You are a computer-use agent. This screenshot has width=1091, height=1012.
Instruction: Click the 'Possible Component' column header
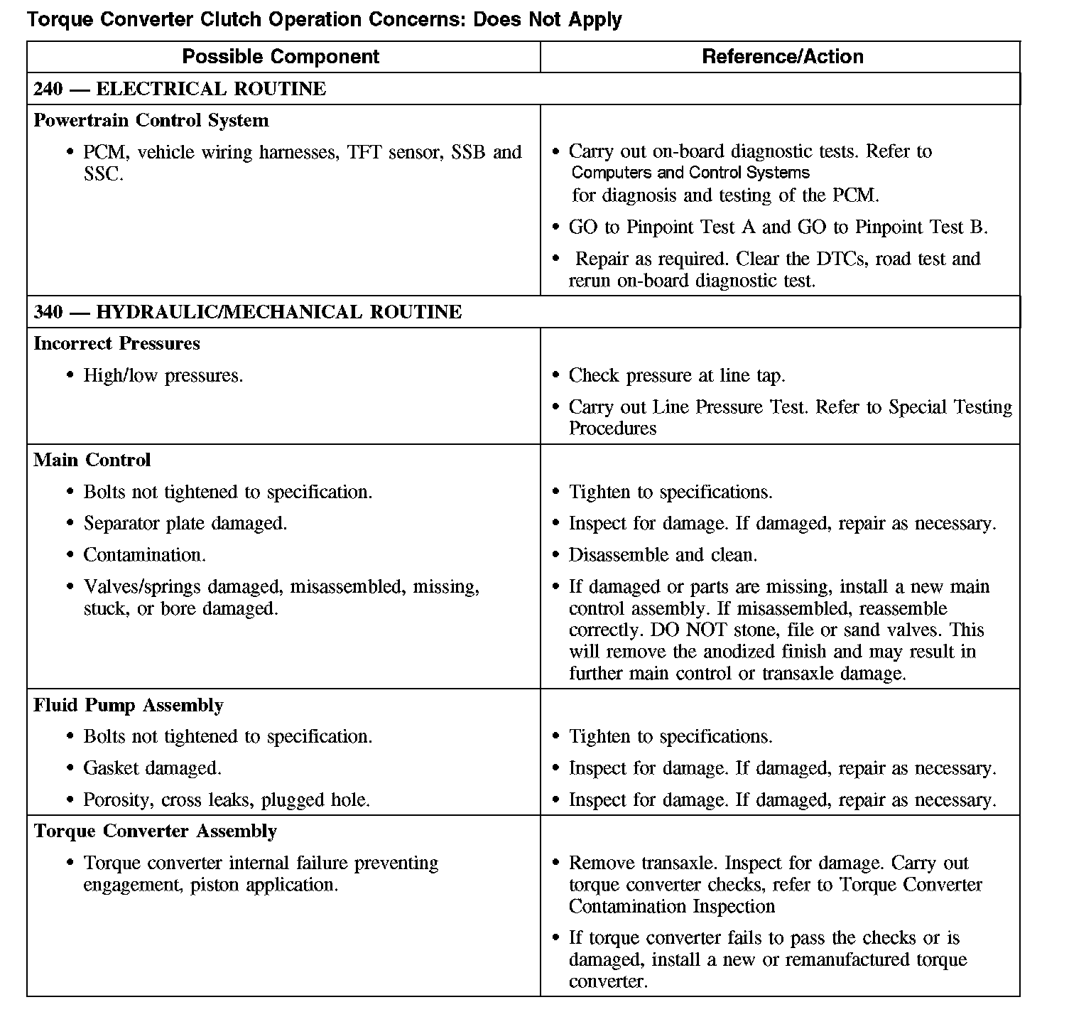click(x=281, y=57)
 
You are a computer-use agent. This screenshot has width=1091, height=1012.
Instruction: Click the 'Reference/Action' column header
click(x=782, y=57)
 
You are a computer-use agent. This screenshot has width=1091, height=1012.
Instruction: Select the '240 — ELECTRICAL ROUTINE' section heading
click(x=180, y=89)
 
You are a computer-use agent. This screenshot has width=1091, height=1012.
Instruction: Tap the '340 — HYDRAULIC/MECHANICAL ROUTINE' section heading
click(x=248, y=312)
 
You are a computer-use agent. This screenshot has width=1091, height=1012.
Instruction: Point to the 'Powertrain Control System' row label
click(x=151, y=120)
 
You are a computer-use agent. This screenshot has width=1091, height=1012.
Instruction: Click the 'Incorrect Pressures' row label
click(x=116, y=344)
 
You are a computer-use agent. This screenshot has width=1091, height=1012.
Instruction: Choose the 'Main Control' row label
click(x=92, y=460)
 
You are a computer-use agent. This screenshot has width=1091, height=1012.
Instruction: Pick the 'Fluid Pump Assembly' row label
click(x=129, y=705)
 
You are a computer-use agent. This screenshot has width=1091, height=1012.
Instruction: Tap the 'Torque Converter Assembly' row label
click(x=155, y=831)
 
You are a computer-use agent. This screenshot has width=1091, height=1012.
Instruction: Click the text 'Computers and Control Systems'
click(x=690, y=173)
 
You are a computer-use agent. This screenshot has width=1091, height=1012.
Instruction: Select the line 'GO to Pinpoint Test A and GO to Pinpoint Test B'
click(x=778, y=227)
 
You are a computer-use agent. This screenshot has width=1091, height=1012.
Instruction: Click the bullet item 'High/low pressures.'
click(x=163, y=376)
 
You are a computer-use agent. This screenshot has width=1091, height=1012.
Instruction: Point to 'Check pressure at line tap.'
click(x=677, y=376)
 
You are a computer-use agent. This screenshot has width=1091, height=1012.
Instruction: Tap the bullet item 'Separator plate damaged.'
click(x=185, y=524)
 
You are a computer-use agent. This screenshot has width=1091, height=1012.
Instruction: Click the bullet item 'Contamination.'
click(x=145, y=555)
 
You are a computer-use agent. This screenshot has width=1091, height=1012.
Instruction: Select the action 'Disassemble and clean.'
click(x=663, y=555)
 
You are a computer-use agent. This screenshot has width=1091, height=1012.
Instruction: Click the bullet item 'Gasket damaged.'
click(x=153, y=768)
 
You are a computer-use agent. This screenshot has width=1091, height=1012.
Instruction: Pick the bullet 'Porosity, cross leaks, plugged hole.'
click(x=227, y=800)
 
